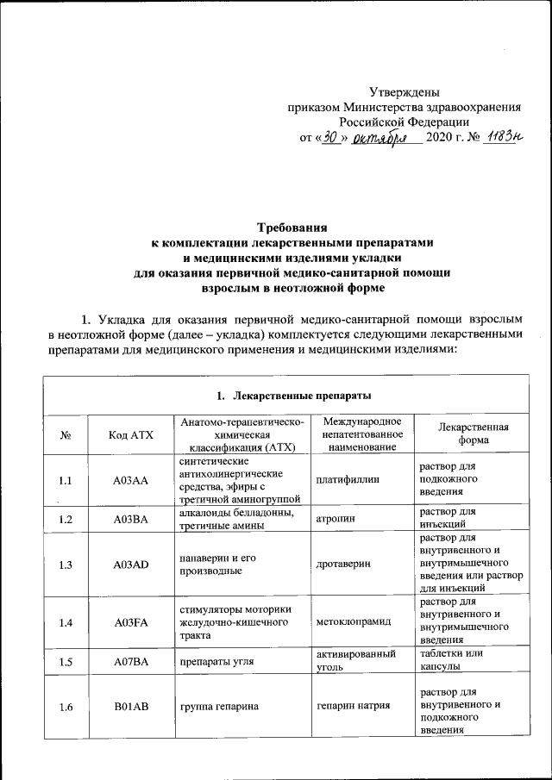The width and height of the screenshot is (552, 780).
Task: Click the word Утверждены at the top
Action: (x=405, y=91)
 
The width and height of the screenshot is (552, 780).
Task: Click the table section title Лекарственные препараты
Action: (x=293, y=396)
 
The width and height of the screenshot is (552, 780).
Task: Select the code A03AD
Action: (x=131, y=563)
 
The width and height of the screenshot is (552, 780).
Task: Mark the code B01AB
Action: (x=131, y=708)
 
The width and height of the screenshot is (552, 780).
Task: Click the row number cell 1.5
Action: (x=66, y=663)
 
